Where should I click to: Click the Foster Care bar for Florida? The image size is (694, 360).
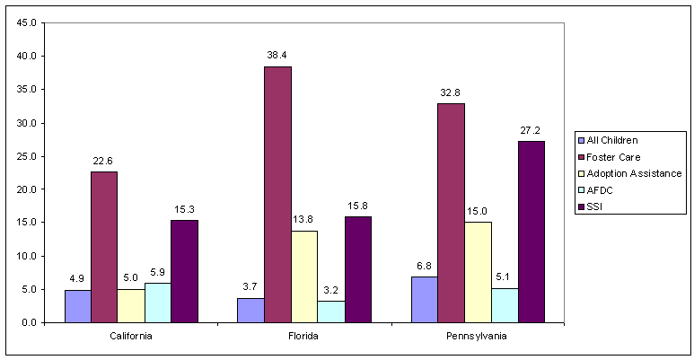tap(277, 195)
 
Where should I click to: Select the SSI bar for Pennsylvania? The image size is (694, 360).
tap(531, 232)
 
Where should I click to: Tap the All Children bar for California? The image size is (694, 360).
tap(78, 306)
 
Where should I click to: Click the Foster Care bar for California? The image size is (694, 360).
tap(104, 247)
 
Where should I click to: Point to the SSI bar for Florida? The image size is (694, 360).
tap(356, 269)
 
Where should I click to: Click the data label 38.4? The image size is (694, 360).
tap(277, 56)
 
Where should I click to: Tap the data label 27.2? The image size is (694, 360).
tap(531, 130)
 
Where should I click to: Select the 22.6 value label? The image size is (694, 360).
tap(104, 161)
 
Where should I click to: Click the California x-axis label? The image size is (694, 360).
tap(130, 337)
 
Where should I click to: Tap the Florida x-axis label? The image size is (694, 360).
tap(303, 337)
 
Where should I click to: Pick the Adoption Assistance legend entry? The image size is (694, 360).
tap(635, 172)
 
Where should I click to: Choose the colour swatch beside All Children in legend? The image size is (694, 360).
tap(582, 140)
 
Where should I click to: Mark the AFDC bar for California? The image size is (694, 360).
tap(156, 303)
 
